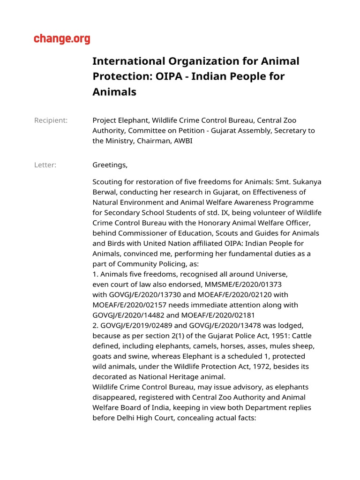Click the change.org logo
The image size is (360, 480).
point(62,39)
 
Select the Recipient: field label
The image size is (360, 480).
point(51,120)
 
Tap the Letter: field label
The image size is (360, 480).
point(45,165)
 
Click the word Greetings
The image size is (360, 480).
point(110,165)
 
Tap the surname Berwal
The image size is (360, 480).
point(104,192)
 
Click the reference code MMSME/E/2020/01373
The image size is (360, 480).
point(247,284)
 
